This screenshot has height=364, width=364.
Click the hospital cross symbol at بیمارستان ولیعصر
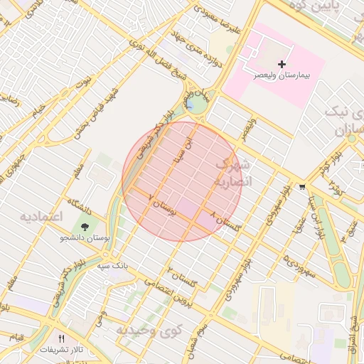(x=282, y=64)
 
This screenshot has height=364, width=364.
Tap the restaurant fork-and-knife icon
(x=61, y=338)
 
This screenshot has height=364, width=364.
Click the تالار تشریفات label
(x=61, y=350)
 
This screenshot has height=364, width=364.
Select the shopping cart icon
(x=303, y=188)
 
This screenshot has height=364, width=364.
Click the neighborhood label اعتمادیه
(x=41, y=215)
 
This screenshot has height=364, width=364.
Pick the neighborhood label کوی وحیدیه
(x=150, y=331)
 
